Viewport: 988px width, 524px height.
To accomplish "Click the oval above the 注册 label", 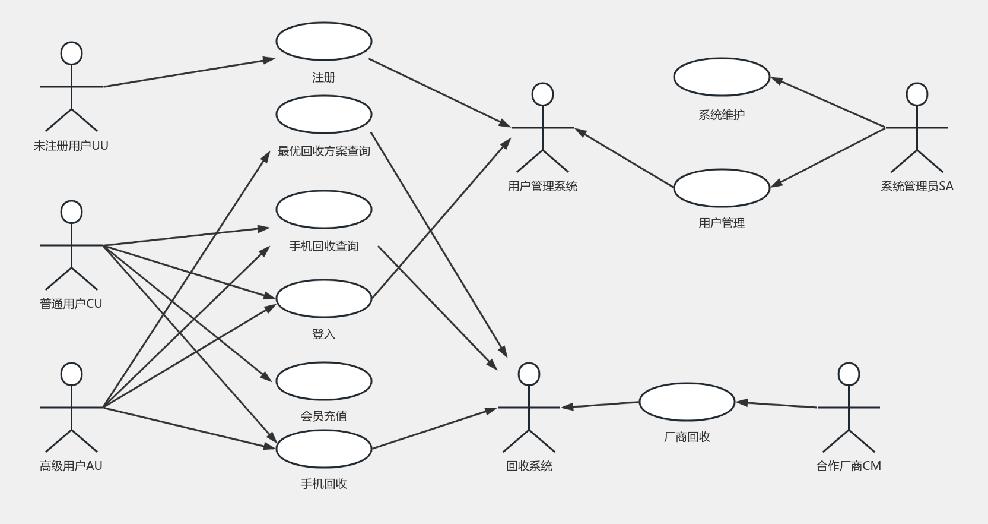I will (x=324, y=42).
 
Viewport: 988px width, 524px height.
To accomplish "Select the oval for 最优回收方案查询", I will (x=324, y=115).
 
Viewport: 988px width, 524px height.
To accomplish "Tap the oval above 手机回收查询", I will (x=324, y=209).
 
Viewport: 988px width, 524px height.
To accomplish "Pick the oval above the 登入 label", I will (x=324, y=298).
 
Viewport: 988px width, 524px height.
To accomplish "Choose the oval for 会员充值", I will (x=324, y=381).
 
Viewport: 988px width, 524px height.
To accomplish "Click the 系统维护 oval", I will (x=722, y=77).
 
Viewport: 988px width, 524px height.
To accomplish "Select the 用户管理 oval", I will (x=722, y=188).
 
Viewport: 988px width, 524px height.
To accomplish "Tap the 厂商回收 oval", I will (x=687, y=402).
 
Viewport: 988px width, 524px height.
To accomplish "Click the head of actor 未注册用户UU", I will (x=72, y=53).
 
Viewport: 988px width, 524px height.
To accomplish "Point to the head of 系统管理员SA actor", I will (x=917, y=94).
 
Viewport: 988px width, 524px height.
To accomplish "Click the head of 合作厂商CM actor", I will (x=849, y=374).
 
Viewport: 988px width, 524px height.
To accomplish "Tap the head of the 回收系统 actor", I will (x=529, y=374).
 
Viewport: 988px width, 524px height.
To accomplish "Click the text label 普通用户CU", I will (x=71, y=304).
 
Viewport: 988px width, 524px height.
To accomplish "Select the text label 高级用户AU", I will (x=71, y=466).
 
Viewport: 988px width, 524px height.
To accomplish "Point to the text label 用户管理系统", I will (x=542, y=186).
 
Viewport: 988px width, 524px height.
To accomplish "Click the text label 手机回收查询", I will (x=324, y=246).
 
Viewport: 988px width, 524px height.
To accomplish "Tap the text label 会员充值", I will (x=324, y=416).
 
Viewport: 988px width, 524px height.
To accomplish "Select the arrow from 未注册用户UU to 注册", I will (x=189, y=72).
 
